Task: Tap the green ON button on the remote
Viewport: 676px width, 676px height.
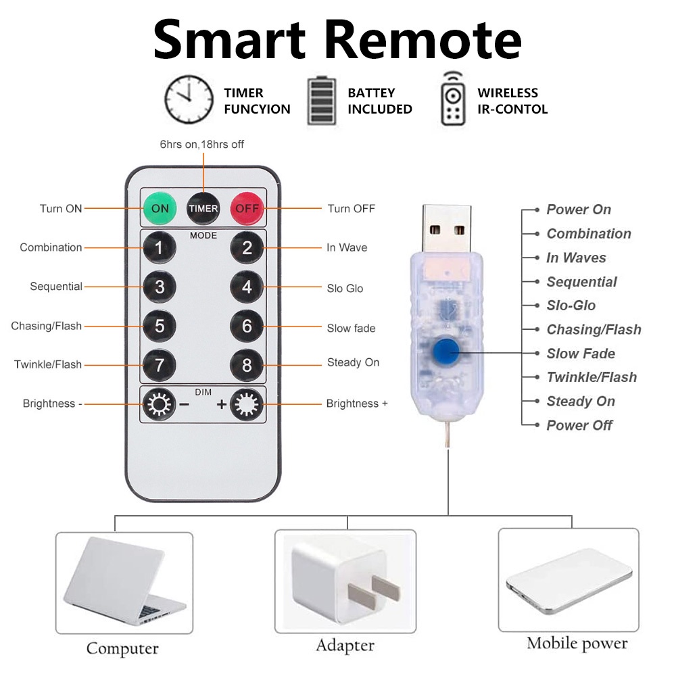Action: tap(160, 209)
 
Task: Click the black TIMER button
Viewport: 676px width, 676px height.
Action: tap(203, 209)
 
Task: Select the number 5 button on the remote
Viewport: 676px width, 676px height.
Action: tap(160, 326)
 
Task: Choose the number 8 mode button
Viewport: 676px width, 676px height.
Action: tap(247, 365)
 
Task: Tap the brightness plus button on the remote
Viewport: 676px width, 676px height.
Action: tap(247, 404)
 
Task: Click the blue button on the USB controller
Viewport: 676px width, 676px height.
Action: tap(446, 352)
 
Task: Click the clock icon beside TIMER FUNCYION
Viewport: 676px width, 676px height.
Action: tap(189, 99)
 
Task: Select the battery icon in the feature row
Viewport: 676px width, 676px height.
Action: tap(321, 101)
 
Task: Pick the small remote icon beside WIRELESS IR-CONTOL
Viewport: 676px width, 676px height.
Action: tap(453, 99)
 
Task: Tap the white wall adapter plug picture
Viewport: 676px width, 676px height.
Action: tap(345, 581)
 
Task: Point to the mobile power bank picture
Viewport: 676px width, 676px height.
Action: tap(569, 581)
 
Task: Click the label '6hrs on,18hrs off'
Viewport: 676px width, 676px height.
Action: tap(201, 145)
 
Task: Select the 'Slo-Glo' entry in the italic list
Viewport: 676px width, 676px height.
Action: tap(571, 306)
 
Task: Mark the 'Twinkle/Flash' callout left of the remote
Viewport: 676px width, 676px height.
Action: tap(48, 364)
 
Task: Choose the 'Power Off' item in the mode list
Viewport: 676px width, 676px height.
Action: tap(579, 425)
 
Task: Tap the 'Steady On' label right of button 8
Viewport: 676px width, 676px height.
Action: tap(353, 362)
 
